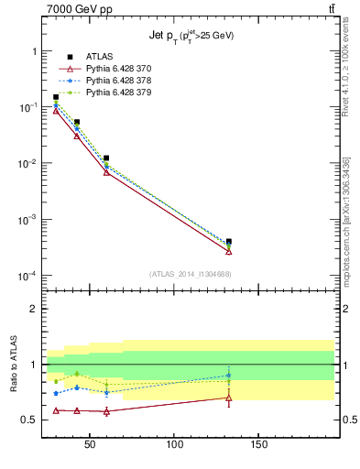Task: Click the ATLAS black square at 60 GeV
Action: tap(106, 158)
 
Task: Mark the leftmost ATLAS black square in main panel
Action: tap(56, 97)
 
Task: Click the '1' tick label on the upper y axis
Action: tap(34, 52)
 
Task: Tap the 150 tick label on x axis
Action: tap(259, 445)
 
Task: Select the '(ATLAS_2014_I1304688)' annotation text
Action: tap(190, 273)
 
